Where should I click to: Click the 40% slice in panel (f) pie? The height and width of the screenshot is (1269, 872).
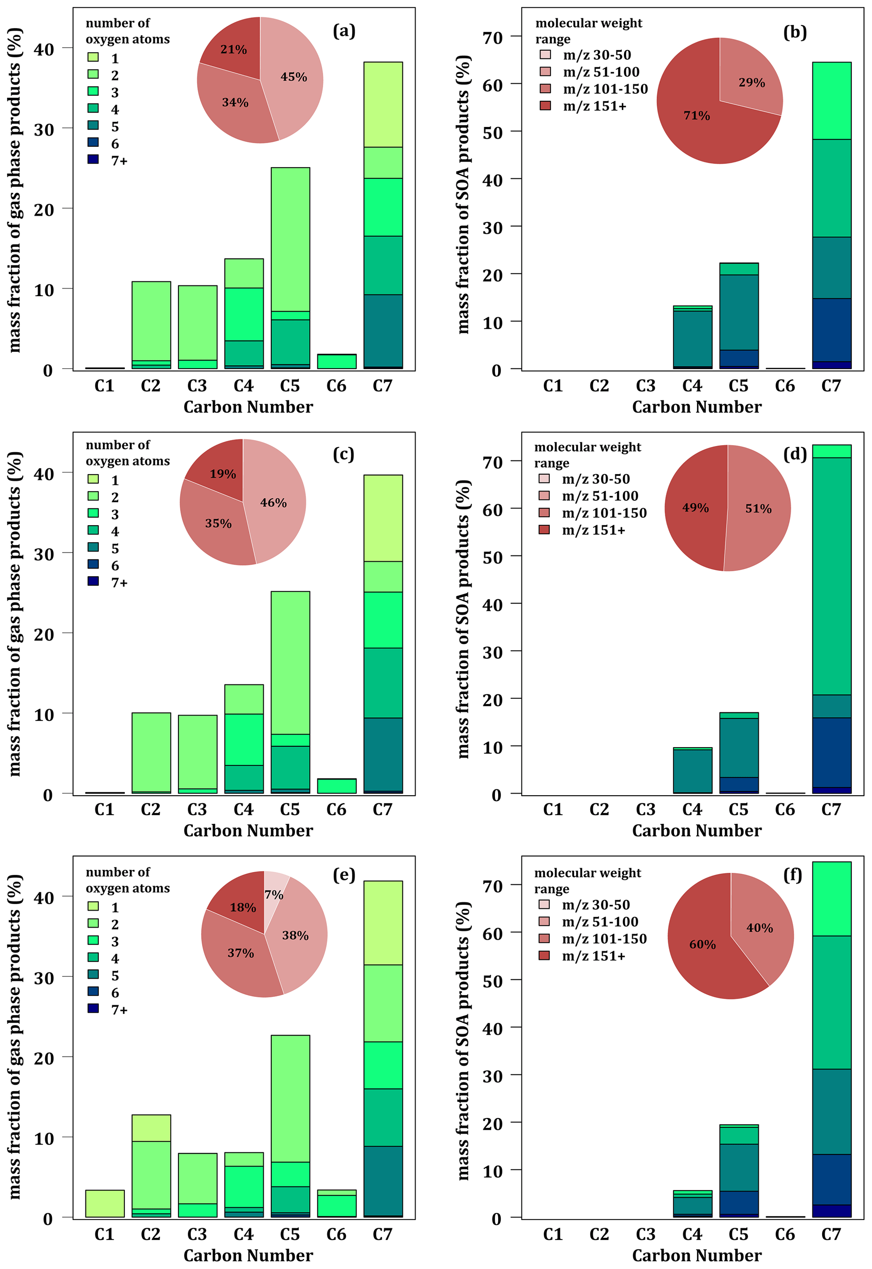click(759, 928)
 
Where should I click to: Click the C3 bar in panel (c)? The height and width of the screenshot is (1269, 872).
click(197, 754)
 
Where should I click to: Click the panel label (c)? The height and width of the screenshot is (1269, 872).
click(344, 454)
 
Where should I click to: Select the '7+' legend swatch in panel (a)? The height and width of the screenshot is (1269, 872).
click(93, 159)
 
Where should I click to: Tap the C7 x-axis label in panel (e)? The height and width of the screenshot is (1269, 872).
click(383, 1234)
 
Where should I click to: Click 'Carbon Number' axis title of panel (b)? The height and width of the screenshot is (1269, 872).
click(697, 407)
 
